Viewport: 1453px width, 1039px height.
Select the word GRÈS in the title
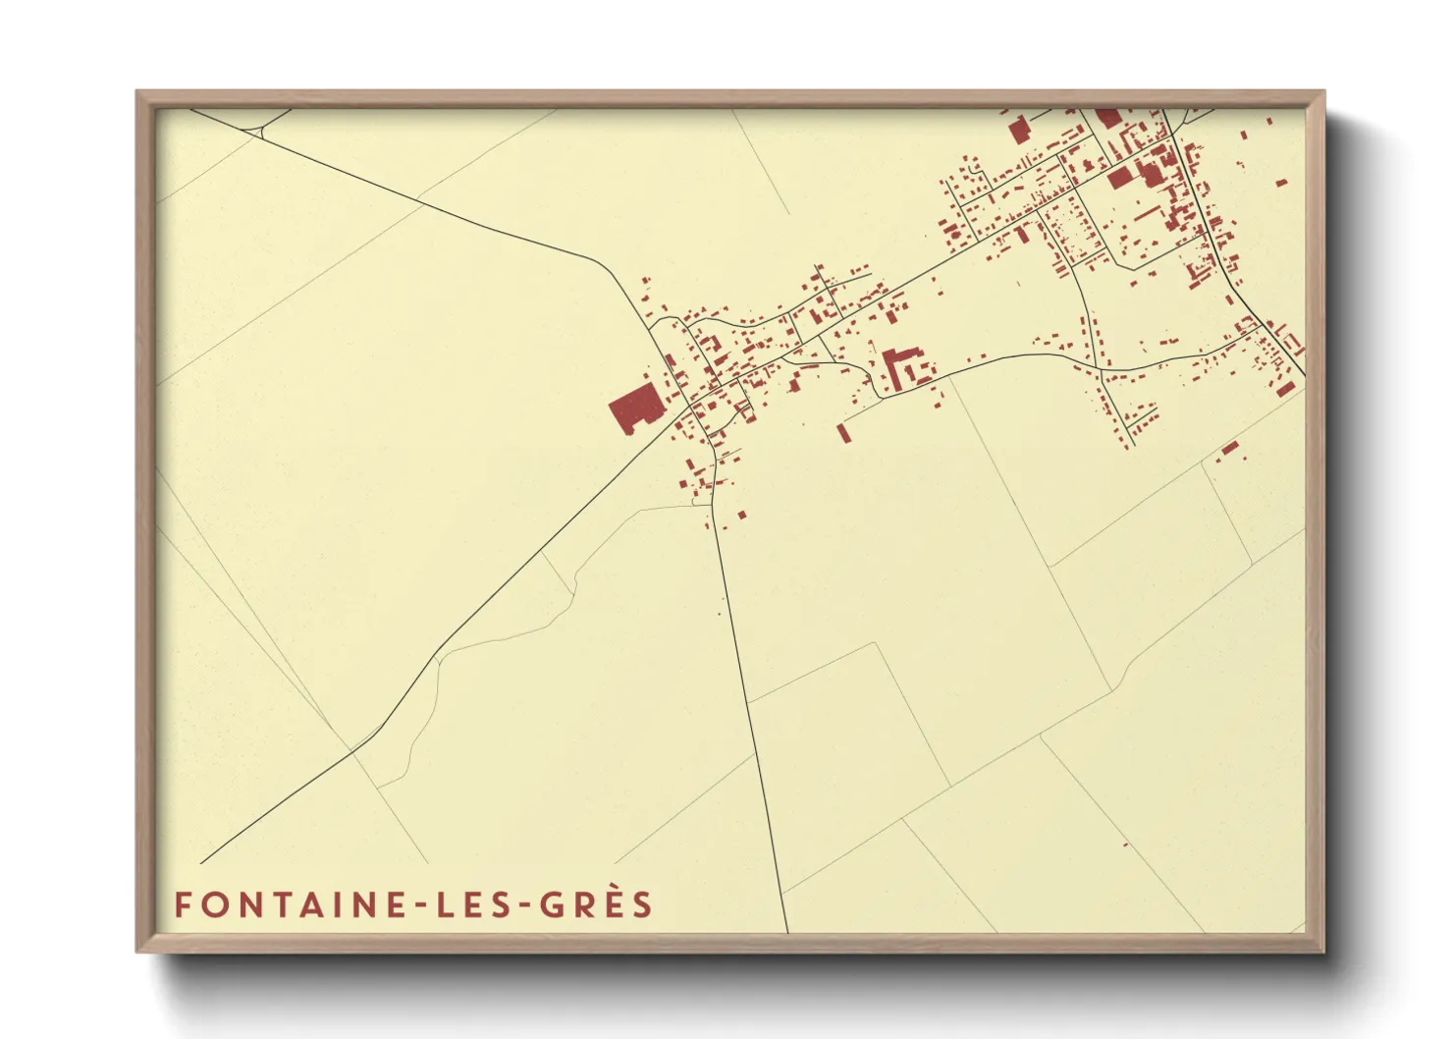pyautogui.click(x=596, y=904)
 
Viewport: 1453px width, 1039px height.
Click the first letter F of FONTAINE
pyautogui.click(x=182, y=904)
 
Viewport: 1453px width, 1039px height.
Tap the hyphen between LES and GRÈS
pyautogui.click(x=521, y=906)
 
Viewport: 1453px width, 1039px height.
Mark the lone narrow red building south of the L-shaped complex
pyautogui.click(x=842, y=432)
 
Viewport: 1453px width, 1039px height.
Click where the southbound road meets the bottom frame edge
pyautogui.click(x=787, y=931)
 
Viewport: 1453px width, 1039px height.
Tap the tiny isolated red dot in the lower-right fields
pyautogui.click(x=1125, y=843)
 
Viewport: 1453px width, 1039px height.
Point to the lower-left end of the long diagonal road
pyautogui.click(x=201, y=862)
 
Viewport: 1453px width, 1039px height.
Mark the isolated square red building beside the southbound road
pyautogui.click(x=741, y=514)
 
